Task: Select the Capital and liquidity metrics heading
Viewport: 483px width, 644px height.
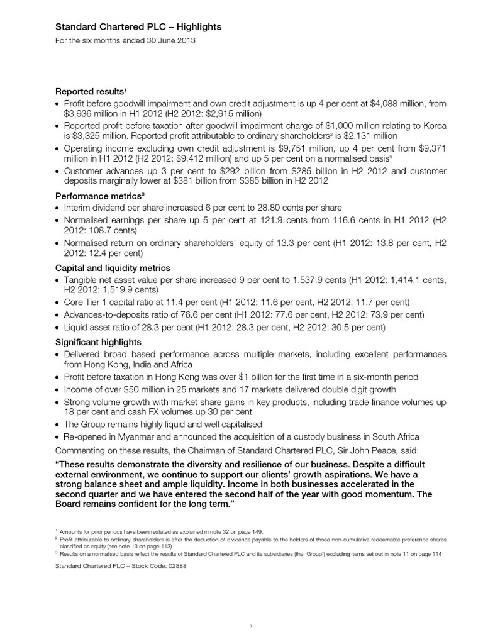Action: [107, 268]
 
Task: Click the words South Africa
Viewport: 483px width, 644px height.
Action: [397, 436]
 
